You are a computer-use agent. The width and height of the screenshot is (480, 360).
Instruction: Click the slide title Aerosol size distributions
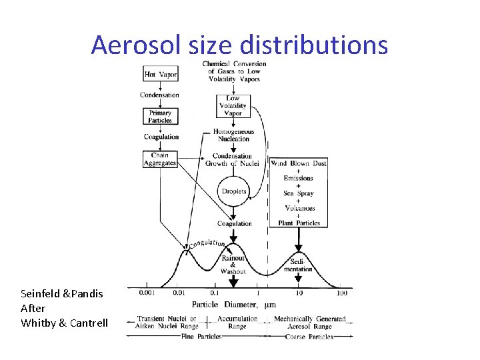point(239,45)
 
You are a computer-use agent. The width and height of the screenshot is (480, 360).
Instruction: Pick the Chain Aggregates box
point(160,159)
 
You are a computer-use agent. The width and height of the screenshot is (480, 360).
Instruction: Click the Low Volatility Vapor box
point(233,105)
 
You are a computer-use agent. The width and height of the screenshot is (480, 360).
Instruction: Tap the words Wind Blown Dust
point(298,163)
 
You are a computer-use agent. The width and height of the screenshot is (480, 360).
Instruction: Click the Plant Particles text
point(299,223)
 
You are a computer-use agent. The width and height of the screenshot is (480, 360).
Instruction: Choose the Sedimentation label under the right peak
point(297,265)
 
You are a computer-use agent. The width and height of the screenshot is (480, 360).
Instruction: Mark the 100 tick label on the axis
point(342,293)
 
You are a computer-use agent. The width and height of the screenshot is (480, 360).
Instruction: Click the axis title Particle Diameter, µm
point(234,305)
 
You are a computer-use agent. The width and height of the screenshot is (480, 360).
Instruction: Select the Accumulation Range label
point(237,323)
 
